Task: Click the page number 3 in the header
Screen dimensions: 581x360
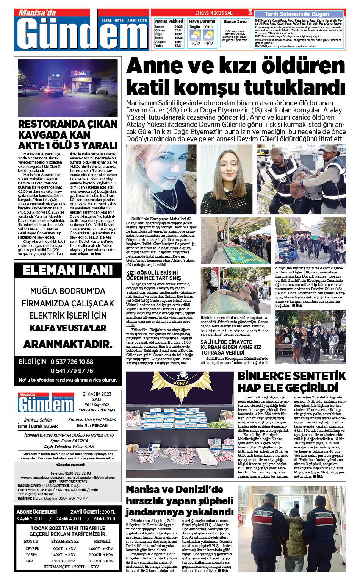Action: [x=250, y=12]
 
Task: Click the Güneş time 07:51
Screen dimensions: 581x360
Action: [x=178, y=30]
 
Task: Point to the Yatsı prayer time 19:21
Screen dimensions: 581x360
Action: [x=178, y=45]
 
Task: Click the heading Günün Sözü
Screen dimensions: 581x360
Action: [x=235, y=22]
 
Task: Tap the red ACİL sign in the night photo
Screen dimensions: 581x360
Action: [x=82, y=73]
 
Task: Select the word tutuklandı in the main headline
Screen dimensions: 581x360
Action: [x=294, y=87]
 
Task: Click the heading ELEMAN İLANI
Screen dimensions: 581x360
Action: [x=68, y=270]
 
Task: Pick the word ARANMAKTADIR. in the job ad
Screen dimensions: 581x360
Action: [x=68, y=344]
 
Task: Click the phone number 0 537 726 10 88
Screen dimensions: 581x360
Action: [x=72, y=362]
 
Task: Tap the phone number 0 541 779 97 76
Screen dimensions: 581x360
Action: [x=72, y=371]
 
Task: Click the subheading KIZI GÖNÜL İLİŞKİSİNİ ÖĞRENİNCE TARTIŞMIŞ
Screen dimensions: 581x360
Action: [x=153, y=275]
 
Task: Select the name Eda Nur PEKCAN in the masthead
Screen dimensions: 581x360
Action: [x=92, y=425]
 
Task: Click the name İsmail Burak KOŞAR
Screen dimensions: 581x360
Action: [x=38, y=426]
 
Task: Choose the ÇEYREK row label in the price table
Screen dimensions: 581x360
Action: [x=32, y=548]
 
